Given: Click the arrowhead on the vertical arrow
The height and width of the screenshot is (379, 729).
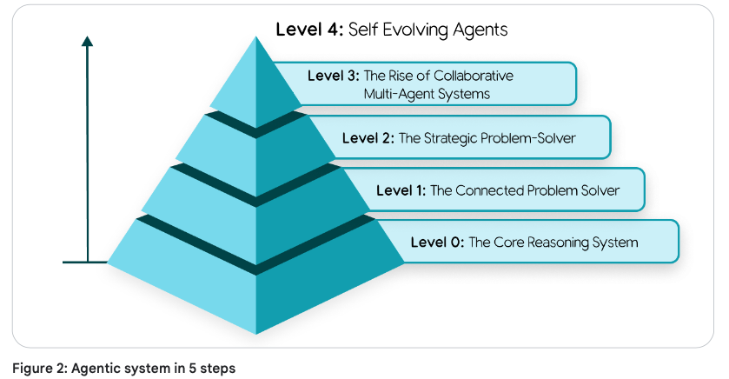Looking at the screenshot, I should tap(88, 42).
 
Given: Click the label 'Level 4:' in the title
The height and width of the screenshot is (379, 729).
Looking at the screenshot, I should tap(309, 30).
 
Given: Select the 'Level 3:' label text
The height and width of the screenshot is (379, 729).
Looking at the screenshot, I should tap(332, 76).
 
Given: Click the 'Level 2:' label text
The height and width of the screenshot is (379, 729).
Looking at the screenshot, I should tap(368, 137).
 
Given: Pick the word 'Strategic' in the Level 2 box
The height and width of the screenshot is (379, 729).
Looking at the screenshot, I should tap(454, 137).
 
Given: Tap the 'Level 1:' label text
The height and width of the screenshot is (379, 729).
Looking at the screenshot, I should tap(401, 189).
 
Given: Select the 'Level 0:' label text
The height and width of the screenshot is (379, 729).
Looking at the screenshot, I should tap(437, 242).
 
